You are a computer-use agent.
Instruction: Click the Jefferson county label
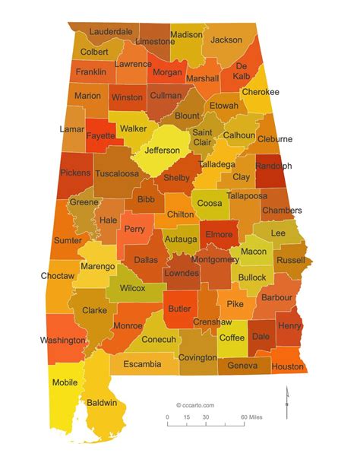(x=163, y=151)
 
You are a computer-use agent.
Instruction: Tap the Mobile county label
(x=65, y=382)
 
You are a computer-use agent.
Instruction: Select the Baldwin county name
(x=102, y=402)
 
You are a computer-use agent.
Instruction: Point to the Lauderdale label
(x=110, y=32)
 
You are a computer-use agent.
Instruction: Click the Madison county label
(x=186, y=35)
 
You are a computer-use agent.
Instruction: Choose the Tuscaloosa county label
(x=117, y=173)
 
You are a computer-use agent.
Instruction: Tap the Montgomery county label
(x=215, y=259)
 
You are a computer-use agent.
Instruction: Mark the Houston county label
(x=287, y=366)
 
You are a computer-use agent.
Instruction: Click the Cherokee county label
(x=261, y=92)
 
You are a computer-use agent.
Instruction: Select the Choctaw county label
(x=58, y=275)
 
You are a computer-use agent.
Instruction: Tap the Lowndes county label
(x=182, y=272)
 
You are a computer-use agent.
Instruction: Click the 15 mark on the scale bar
(x=186, y=418)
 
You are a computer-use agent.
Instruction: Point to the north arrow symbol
(x=286, y=401)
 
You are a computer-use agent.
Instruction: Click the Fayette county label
(x=100, y=136)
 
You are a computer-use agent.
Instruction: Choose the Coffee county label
(x=232, y=338)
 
